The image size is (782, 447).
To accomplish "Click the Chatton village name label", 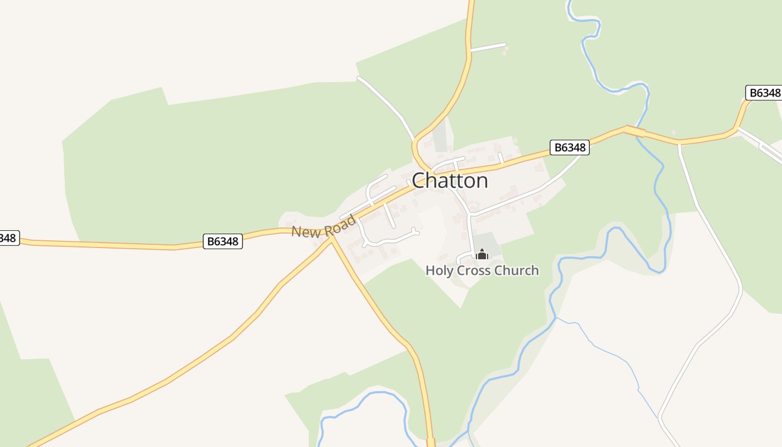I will [450, 180].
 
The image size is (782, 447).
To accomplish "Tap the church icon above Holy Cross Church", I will [481, 255].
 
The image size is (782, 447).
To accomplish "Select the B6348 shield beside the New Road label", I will [222, 241].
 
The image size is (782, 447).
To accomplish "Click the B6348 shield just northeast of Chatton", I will [569, 147].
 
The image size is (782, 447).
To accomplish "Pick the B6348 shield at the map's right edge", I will [764, 93].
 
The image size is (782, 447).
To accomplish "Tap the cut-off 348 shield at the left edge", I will [8, 238].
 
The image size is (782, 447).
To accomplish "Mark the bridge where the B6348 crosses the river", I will [635, 131].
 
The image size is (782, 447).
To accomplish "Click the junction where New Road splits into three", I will [331, 236].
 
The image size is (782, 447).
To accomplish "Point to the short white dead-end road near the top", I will [488, 47].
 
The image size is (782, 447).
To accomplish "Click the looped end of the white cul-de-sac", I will [414, 230].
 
